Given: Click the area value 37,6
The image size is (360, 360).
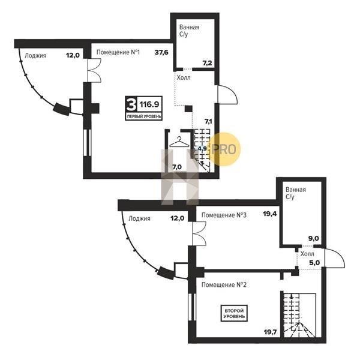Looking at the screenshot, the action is pyautogui.click(x=161, y=52).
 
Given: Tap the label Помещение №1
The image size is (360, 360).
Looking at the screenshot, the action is pyautogui.click(x=118, y=52).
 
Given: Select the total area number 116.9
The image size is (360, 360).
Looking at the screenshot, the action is pyautogui.click(x=149, y=104).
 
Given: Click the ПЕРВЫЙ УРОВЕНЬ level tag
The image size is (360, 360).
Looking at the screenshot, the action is pyautogui.click(x=144, y=116).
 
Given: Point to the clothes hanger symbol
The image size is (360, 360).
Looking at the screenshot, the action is pyautogui.click(x=179, y=142).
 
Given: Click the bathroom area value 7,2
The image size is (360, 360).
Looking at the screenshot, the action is pyautogui.click(x=208, y=63).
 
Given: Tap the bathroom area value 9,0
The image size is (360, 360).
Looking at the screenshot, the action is pyautogui.click(x=314, y=239).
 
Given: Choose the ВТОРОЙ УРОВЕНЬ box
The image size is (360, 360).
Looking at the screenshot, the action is pyautogui.click(x=234, y=313).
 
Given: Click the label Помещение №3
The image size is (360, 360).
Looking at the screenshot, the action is pyautogui.click(x=224, y=215).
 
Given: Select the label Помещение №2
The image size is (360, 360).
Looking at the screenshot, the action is pyautogui.click(x=224, y=284).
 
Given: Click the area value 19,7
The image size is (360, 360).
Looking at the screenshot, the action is pyautogui.click(x=270, y=332).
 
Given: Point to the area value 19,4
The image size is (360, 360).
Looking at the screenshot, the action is pyautogui.click(x=270, y=214).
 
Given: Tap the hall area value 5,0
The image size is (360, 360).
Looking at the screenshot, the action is pyautogui.click(x=314, y=262).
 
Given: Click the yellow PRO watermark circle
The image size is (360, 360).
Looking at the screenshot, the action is pyautogui.click(x=225, y=149).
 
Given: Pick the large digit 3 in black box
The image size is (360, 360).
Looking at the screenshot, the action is pyautogui.click(x=131, y=104).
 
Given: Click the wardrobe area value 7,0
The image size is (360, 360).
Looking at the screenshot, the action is pyautogui.click(x=177, y=167).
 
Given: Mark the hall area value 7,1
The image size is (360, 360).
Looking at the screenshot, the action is pyautogui.click(x=208, y=121).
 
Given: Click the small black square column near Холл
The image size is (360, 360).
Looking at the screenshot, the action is pyautogui.click(x=188, y=109).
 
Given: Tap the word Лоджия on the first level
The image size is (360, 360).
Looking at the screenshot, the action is pyautogui.click(x=35, y=56).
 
